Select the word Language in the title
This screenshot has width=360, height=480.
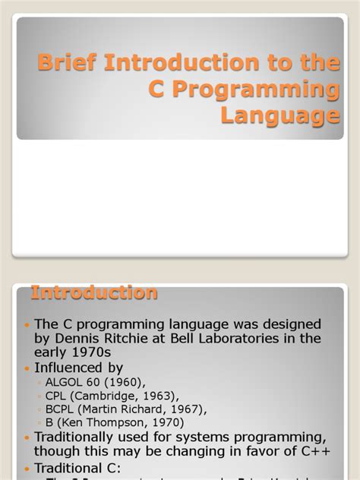tap(279, 115)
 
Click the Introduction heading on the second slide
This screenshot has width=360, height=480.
tap(94, 292)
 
